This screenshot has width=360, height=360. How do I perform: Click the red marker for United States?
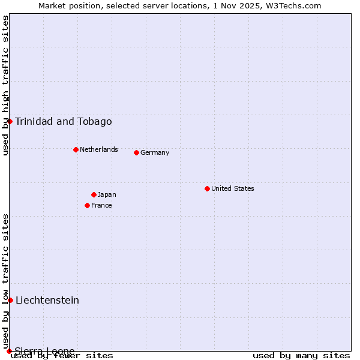[x=207, y=188]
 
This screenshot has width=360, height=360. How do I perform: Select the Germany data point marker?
[x=136, y=152]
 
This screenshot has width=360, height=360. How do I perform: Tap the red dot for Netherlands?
[x=76, y=149]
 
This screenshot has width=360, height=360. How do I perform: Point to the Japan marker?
[x=94, y=194]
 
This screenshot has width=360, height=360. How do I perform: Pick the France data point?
[x=87, y=205]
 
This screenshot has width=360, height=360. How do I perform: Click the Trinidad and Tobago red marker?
[x=10, y=121]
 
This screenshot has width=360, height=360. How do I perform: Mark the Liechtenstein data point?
[x=10, y=300]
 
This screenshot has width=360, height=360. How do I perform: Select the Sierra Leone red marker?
[x=9, y=351]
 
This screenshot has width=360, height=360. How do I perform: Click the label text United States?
[x=233, y=188]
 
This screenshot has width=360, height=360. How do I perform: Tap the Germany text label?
[x=155, y=152]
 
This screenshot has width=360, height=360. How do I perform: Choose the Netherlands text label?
[x=99, y=149]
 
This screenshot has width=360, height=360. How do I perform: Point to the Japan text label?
[x=107, y=194]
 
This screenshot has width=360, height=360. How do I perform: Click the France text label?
[x=101, y=205]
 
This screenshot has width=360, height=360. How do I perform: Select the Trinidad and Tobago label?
[x=64, y=121]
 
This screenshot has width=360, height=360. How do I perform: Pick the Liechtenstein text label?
[x=47, y=300]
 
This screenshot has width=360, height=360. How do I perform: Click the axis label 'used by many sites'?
[x=301, y=355]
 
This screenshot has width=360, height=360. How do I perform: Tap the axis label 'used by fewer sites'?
[x=62, y=355]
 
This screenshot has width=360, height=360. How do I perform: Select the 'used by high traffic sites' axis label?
[x=6, y=85]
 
